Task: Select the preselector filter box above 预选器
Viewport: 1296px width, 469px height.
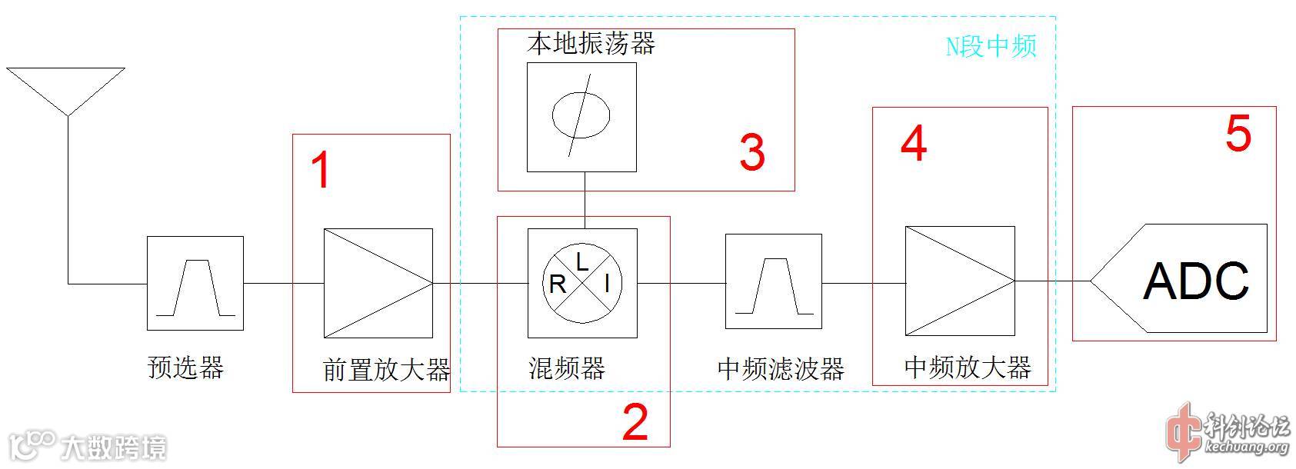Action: point(195,284)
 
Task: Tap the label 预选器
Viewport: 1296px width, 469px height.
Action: point(185,368)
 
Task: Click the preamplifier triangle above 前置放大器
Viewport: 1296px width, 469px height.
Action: point(378,283)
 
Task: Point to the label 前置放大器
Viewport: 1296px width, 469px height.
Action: point(386,370)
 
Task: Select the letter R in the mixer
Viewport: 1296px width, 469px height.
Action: point(558,284)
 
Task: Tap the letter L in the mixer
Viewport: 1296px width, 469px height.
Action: point(582,262)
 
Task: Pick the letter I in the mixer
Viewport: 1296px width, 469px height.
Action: point(607,284)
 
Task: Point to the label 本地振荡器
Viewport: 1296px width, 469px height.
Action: point(591,43)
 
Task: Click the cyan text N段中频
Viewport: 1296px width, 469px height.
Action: point(991,46)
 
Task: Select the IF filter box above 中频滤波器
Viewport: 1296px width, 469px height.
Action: point(774,284)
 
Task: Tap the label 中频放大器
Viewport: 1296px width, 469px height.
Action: point(967,368)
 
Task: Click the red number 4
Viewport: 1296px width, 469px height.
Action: point(913,144)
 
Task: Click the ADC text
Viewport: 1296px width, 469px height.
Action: point(1196,281)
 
